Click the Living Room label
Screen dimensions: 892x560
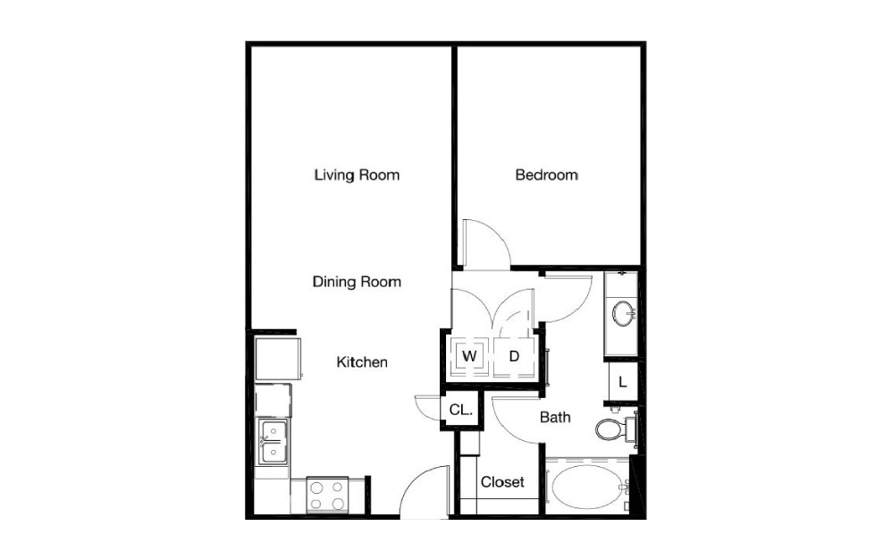[357, 174]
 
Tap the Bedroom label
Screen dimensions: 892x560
[546, 174]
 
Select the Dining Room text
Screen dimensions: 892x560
[357, 282]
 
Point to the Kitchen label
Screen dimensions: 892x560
[362, 362]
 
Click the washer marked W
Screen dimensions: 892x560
[469, 357]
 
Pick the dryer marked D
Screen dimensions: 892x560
[514, 357]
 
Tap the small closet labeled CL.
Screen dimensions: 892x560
[461, 410]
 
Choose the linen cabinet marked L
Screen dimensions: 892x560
[622, 382]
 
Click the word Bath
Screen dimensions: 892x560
[555, 417]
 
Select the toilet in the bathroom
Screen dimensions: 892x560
[614, 428]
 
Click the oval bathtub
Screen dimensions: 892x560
[589, 488]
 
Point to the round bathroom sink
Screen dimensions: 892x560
[623, 312]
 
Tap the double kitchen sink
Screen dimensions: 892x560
[273, 442]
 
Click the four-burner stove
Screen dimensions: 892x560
[327, 495]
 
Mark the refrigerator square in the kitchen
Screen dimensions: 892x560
[278, 359]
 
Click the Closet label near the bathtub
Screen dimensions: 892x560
[502, 482]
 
